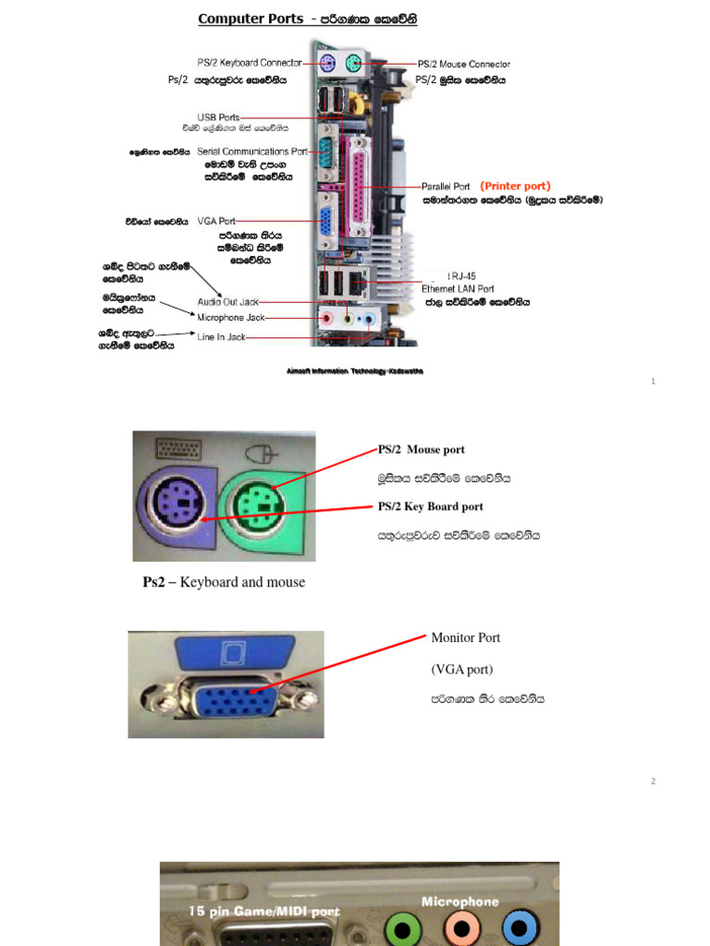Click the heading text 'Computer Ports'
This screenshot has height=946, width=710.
pyautogui.click(x=250, y=18)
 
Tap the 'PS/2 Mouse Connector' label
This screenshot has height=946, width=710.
pyautogui.click(x=463, y=65)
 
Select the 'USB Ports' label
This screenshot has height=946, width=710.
pyautogui.click(x=218, y=117)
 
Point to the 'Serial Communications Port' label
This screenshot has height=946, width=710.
pyautogui.click(x=252, y=152)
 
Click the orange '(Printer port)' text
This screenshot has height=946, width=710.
pyautogui.click(x=515, y=186)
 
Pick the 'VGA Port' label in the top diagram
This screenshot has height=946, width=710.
pyautogui.click(x=216, y=222)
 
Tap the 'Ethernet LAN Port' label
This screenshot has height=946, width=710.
pyautogui.click(x=458, y=289)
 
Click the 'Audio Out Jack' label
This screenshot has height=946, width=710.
pyautogui.click(x=228, y=302)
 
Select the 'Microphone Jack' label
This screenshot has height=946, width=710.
pyautogui.click(x=231, y=318)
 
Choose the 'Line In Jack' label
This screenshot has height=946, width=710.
pyautogui.click(x=222, y=337)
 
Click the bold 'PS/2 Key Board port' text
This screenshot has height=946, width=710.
pyautogui.click(x=430, y=506)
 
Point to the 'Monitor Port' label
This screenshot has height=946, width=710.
pyautogui.click(x=465, y=637)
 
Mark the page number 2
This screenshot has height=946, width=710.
pyautogui.click(x=653, y=782)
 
